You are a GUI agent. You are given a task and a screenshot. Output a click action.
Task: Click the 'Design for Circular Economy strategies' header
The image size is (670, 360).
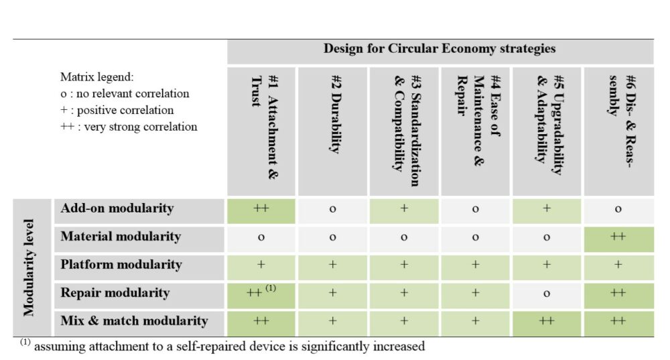coord(440,49)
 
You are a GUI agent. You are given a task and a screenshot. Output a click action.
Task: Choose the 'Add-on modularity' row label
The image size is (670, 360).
coord(117,208)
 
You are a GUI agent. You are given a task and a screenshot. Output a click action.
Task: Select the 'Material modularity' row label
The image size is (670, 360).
coord(121,237)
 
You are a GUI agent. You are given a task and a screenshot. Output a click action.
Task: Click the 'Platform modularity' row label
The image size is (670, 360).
coord(121,265)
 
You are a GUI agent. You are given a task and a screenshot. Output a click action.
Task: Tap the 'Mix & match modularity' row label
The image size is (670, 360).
coord(134,321)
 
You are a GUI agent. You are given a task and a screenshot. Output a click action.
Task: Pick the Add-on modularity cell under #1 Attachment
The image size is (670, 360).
coord(261,209)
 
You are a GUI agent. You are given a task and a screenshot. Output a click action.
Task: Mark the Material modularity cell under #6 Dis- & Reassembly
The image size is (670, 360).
coord(618,237)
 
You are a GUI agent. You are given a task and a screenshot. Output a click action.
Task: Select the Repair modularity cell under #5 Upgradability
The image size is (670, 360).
coord(547,294)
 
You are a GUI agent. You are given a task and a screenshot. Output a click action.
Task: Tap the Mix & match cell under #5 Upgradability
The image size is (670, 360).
coord(547,322)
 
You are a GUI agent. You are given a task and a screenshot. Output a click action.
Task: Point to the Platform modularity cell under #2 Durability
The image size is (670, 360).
coord(333,265)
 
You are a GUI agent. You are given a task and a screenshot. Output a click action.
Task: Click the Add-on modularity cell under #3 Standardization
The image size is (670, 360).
coord(404,209)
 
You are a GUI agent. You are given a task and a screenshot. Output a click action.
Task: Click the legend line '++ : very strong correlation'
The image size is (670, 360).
coord(129,127)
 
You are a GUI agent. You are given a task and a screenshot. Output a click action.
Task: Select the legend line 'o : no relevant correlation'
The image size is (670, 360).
coord(125,94)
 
